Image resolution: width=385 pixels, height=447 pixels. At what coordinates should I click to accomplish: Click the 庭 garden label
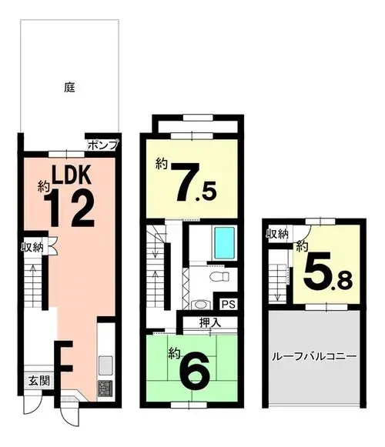coord(69,87)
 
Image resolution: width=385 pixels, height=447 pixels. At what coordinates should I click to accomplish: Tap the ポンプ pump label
coord(102,145)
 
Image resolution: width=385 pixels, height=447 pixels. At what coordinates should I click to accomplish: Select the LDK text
coord(72,175)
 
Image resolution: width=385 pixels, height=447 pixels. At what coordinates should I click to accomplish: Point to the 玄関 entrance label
coord(39,381)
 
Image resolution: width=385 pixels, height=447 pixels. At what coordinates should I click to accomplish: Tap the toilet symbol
coord(219,276)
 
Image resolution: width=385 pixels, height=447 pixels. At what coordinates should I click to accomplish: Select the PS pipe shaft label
coord(229,305)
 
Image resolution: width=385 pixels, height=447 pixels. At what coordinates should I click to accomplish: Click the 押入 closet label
coord(210,322)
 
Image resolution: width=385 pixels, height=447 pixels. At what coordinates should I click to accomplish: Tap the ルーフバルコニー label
coord(314,356)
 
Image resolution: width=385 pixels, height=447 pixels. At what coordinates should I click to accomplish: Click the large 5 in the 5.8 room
coord(316,270)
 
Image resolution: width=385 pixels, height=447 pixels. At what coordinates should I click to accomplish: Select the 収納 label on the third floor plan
coord(277,234)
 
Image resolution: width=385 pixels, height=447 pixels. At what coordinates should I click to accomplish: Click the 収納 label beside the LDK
coord(32,247)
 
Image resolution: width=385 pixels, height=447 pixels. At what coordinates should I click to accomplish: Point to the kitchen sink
coord(105,365)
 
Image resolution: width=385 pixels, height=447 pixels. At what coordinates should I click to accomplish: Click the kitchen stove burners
coord(105,389)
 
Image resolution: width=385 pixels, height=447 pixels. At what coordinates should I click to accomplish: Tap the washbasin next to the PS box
coord(201,305)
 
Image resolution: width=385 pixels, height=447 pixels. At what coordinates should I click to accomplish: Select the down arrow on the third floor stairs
coord(277,292)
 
